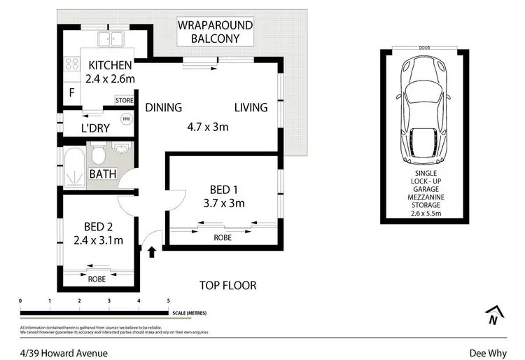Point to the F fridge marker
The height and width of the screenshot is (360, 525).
coord(71,92)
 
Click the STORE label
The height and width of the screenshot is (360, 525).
coord(124,101)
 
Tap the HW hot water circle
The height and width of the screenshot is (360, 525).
coord(127,119)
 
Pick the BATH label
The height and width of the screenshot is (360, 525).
coord(102,174)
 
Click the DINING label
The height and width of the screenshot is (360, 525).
coord(164,107)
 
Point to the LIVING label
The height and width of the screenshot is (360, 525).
coord(251,107)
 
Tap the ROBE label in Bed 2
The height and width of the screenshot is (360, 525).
coord(97,278)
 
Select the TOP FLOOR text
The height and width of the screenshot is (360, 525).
coord(227,285)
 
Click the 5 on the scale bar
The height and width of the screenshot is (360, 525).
coord(169,300)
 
